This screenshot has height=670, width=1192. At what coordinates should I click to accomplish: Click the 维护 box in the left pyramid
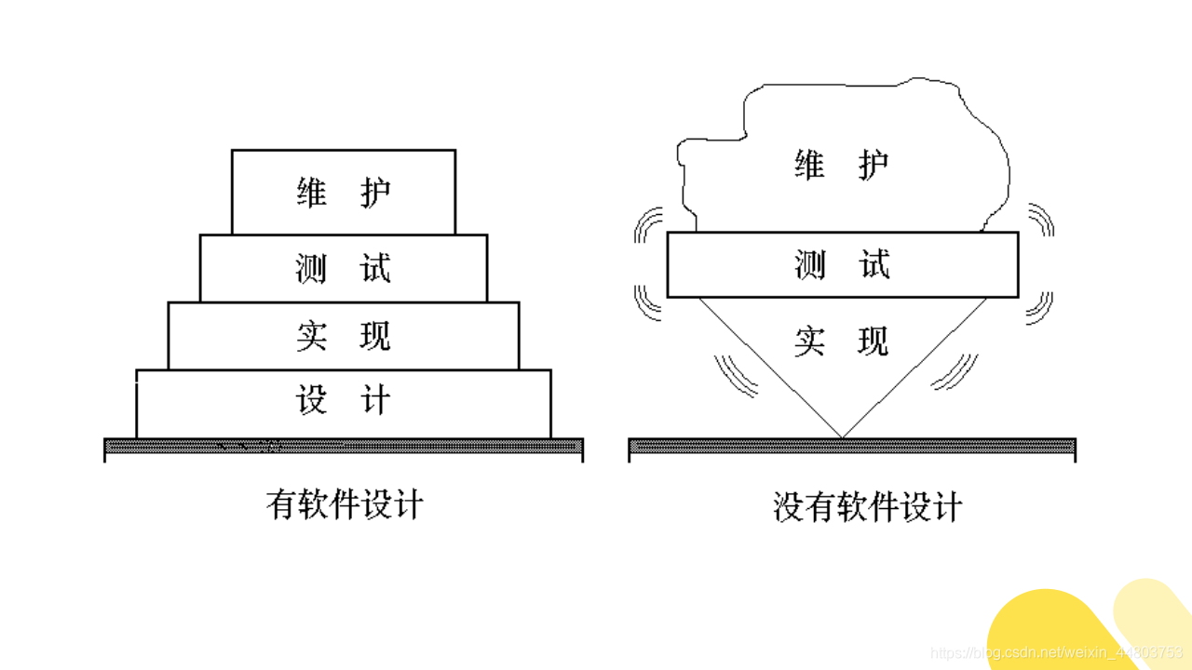344,193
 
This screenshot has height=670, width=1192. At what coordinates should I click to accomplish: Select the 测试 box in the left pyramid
344,268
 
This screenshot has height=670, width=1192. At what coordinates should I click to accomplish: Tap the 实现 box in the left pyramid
344,336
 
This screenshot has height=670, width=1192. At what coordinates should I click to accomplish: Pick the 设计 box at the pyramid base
344,403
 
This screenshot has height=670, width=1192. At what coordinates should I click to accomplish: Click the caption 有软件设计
345,504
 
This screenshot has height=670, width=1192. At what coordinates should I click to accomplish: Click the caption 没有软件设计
867,508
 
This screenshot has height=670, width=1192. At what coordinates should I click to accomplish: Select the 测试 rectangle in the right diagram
843,265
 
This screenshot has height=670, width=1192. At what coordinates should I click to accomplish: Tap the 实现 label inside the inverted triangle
842,342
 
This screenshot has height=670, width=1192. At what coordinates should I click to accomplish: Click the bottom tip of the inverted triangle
842,436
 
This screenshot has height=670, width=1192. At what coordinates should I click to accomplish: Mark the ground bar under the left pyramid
344,447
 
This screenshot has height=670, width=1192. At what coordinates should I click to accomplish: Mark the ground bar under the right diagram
852,447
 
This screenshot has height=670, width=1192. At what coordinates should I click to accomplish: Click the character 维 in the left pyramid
312,193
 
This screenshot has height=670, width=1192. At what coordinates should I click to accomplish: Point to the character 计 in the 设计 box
375,403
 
